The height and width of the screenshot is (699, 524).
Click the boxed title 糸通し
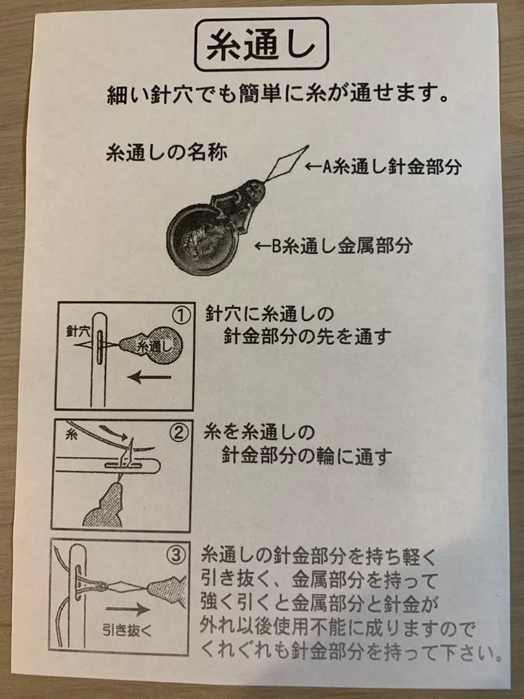point(261,45)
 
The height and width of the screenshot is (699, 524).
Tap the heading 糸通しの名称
point(167,153)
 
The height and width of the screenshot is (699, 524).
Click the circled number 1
point(181,316)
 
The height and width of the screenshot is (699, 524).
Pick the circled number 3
point(175,555)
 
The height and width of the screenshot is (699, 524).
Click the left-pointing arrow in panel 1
point(149,377)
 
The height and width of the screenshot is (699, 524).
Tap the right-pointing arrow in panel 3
point(127,609)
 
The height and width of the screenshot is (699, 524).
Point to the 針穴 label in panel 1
point(78,331)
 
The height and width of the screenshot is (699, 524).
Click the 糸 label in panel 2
point(71,434)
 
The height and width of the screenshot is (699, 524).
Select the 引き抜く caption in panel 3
point(127,630)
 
